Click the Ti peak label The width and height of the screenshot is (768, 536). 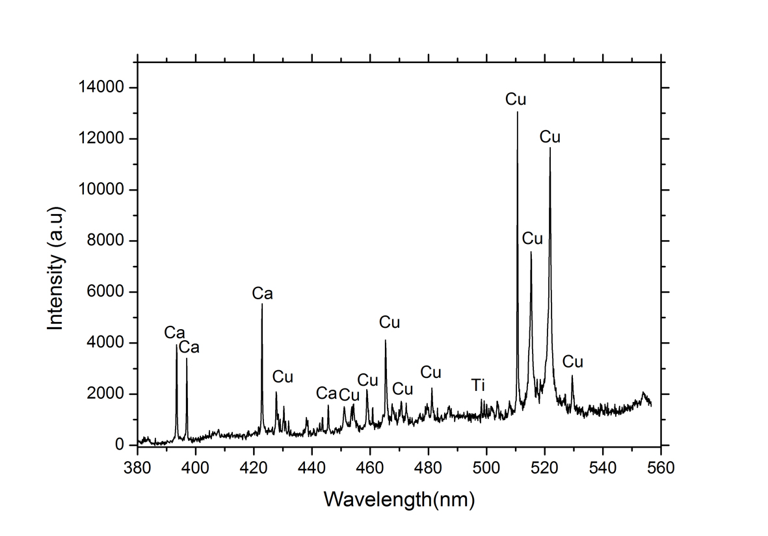point(479,385)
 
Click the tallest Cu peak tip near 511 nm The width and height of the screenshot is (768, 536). point(518,112)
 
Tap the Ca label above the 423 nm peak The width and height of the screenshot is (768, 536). point(262,294)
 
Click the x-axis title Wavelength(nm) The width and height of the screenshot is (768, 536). point(399,500)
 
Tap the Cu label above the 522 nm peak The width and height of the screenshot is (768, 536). point(550,137)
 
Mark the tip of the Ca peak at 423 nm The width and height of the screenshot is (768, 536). point(262,304)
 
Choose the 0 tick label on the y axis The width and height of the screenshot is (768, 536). point(119,446)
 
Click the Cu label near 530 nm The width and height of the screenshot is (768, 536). point(572,362)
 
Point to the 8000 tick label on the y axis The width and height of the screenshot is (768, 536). point(107,241)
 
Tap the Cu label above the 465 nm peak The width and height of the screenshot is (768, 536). point(389,323)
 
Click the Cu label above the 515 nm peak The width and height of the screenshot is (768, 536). point(532,239)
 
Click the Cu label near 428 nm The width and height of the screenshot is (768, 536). point(282,377)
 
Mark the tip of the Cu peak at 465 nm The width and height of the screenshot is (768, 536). point(386,340)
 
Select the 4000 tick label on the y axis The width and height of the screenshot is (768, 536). point(107,343)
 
